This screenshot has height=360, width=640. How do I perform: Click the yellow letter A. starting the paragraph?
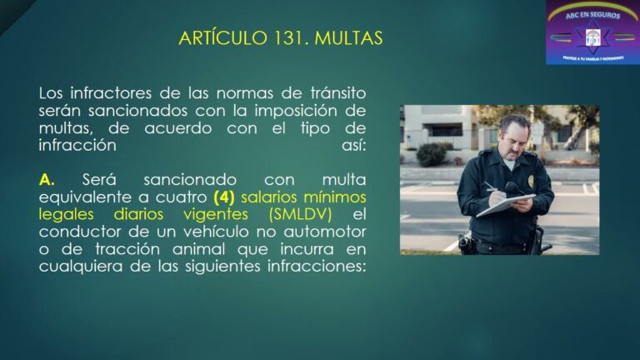(x=47, y=179)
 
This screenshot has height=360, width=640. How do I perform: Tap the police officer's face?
(x=515, y=134)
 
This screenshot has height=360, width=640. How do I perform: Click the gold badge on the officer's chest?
(x=532, y=181)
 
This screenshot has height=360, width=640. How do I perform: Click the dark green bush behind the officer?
(x=432, y=154)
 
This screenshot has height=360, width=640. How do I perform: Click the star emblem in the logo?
(x=592, y=36)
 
